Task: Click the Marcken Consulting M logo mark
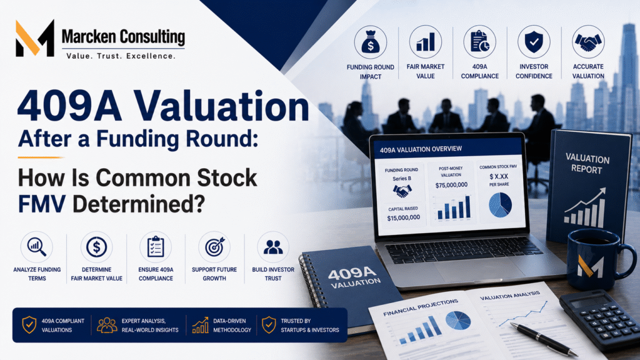pyautogui.click(x=35, y=38)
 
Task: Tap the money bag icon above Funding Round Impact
pyautogui.click(x=370, y=42)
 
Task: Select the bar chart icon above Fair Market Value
pyautogui.click(x=425, y=42)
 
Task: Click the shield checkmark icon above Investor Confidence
pyautogui.click(x=534, y=42)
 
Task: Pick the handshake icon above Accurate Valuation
pyautogui.click(x=587, y=42)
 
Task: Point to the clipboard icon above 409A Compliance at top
pyautogui.click(x=479, y=42)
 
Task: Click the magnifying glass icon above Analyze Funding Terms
pyautogui.click(x=37, y=246)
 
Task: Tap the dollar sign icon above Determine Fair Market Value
pyautogui.click(x=96, y=247)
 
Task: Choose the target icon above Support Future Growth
pyautogui.click(x=215, y=246)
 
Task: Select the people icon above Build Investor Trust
pyautogui.click(x=273, y=247)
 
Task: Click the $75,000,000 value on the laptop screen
pyautogui.click(x=451, y=185)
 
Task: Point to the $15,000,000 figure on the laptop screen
pyautogui.click(x=403, y=217)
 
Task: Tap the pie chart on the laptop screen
pyautogui.click(x=500, y=205)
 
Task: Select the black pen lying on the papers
pyautogui.click(x=543, y=339)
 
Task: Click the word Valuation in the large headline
pyautogui.click(x=222, y=106)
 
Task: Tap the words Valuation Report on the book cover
pyautogui.click(x=587, y=164)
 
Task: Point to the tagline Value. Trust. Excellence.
pyautogui.click(x=121, y=56)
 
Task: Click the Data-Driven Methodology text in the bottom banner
pyautogui.click(x=232, y=325)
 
